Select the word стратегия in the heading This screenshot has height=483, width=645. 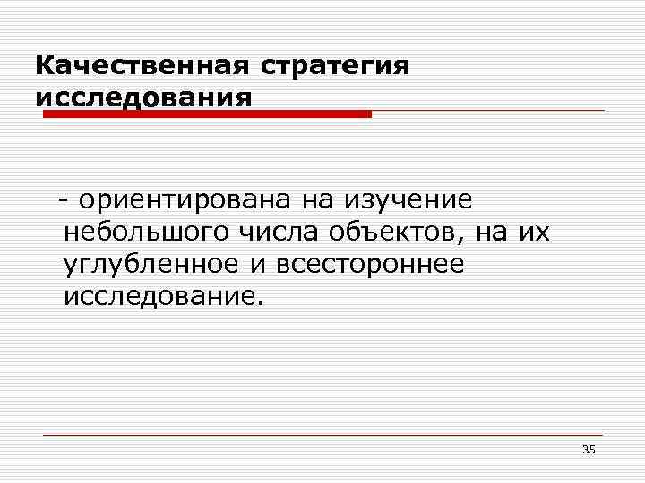tap(336, 66)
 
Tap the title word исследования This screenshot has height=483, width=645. tap(143, 96)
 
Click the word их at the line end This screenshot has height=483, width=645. tap(536, 233)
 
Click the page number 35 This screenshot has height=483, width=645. tap(588, 449)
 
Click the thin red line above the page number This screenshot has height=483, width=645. tap(322, 436)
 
